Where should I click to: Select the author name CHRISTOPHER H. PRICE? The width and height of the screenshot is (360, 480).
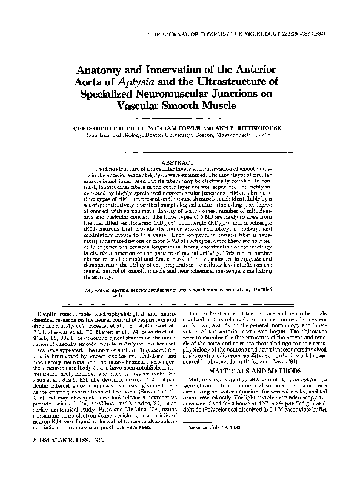(113, 128)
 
